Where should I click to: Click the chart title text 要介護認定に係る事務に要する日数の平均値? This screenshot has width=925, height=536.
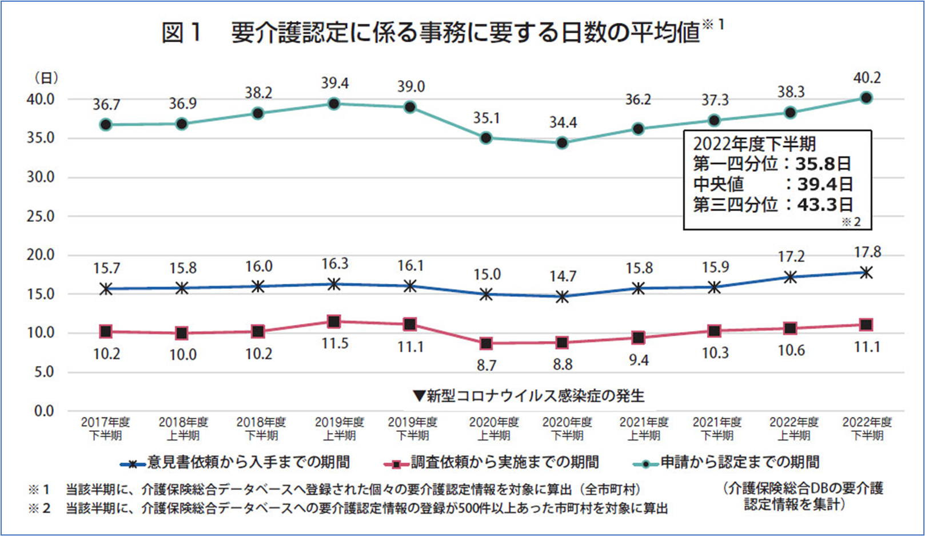tap(466, 33)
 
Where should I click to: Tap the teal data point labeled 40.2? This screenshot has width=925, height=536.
tap(866, 98)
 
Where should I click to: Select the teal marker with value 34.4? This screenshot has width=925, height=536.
tap(562, 143)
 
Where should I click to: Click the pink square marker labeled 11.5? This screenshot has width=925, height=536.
tap(334, 321)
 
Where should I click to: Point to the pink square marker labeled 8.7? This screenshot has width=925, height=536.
tap(486, 343)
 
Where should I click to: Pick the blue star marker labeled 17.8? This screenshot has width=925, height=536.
tap(866, 273)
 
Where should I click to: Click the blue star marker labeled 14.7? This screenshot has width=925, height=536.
tap(562, 297)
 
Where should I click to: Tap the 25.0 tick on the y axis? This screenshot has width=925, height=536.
tap(41, 216)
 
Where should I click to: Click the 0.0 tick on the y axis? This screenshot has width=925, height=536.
tap(44, 411)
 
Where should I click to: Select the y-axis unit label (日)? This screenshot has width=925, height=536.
tap(46, 78)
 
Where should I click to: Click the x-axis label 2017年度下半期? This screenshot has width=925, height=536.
tap(105, 428)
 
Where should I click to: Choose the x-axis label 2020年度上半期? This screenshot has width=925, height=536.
tap(494, 428)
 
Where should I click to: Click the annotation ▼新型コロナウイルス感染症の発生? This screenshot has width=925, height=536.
tap(528, 396)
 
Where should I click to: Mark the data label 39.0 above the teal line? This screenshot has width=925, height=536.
tap(412, 86)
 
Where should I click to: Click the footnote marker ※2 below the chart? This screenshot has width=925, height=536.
tap(39, 509)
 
